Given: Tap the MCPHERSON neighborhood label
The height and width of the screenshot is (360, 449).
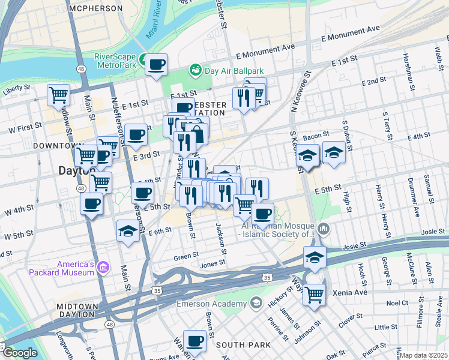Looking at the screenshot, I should click(95, 9).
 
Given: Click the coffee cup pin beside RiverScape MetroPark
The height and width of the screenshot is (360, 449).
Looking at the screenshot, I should click(157, 64).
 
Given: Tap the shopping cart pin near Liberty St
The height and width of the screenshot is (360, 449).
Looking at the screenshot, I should click(59, 94).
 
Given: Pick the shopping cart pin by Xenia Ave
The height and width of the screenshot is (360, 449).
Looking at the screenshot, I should click(315, 295).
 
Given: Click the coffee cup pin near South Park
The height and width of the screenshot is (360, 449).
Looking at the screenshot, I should click(194, 341).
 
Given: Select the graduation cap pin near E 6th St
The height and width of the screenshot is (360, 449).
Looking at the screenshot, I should click(128, 232).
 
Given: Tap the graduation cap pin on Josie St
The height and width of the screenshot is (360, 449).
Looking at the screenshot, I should click(315, 257).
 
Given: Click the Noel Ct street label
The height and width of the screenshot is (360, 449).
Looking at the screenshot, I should click(397, 303).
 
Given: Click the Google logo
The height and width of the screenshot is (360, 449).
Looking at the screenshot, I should click(20, 353).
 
